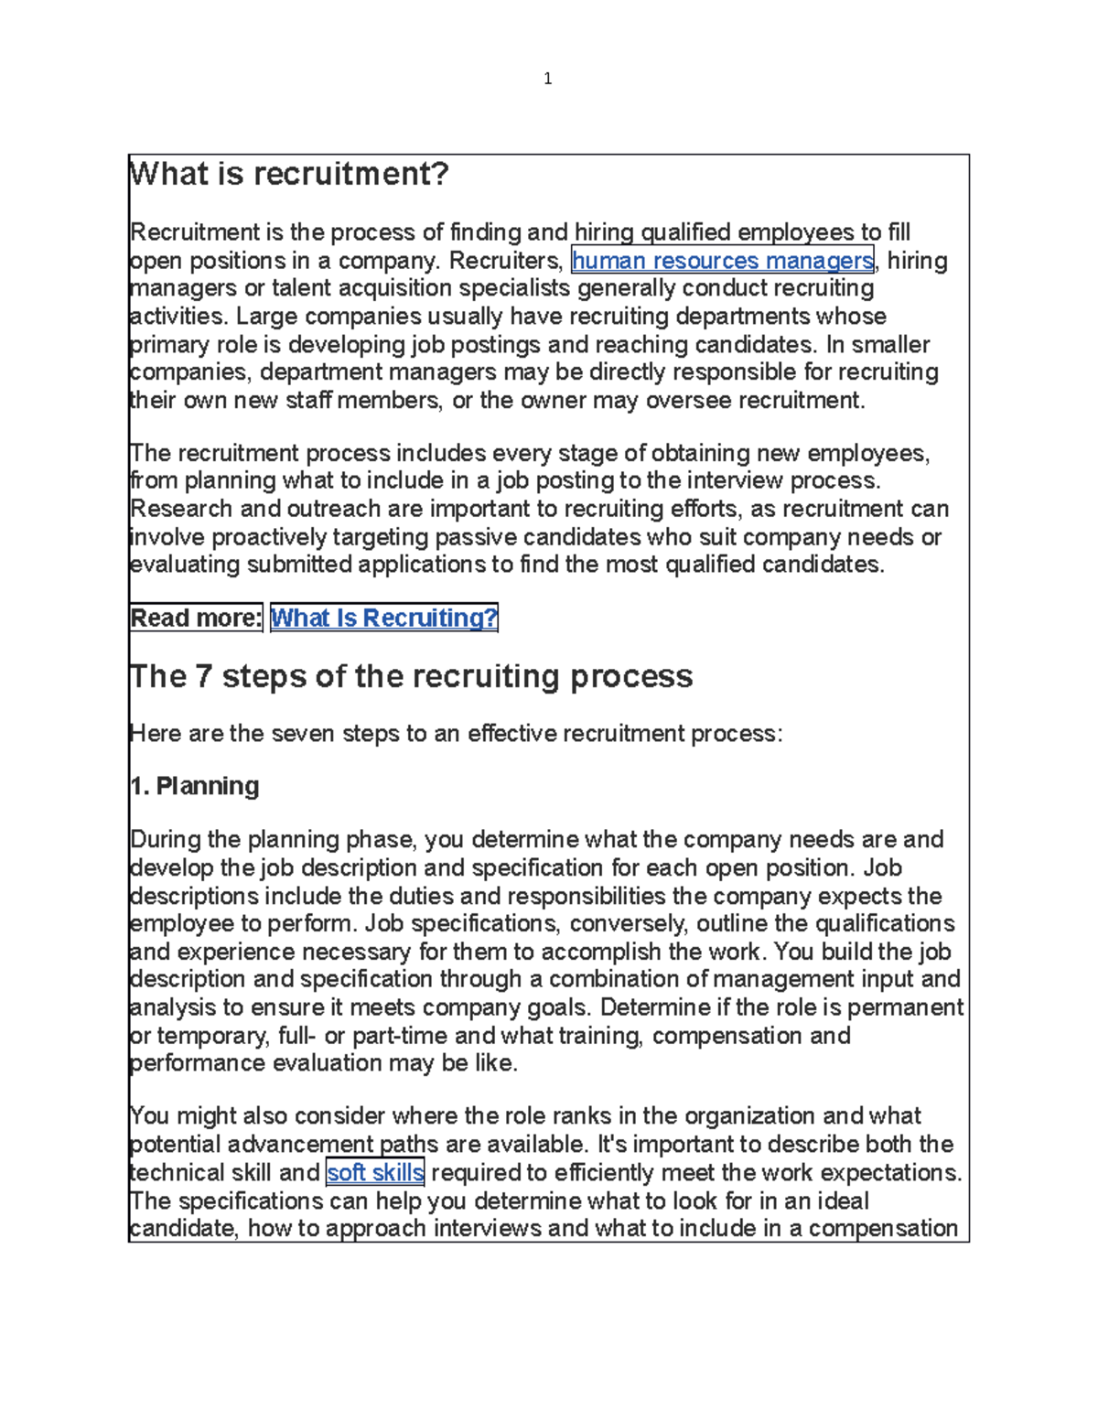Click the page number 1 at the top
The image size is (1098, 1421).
547,79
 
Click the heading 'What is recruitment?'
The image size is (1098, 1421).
290,174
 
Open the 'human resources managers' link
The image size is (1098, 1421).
722,261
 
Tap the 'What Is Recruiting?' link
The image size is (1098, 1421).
384,619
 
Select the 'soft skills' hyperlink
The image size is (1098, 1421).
375,1173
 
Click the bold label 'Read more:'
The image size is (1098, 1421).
196,619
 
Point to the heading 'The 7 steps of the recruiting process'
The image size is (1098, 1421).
412,676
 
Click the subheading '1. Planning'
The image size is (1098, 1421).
195,786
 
